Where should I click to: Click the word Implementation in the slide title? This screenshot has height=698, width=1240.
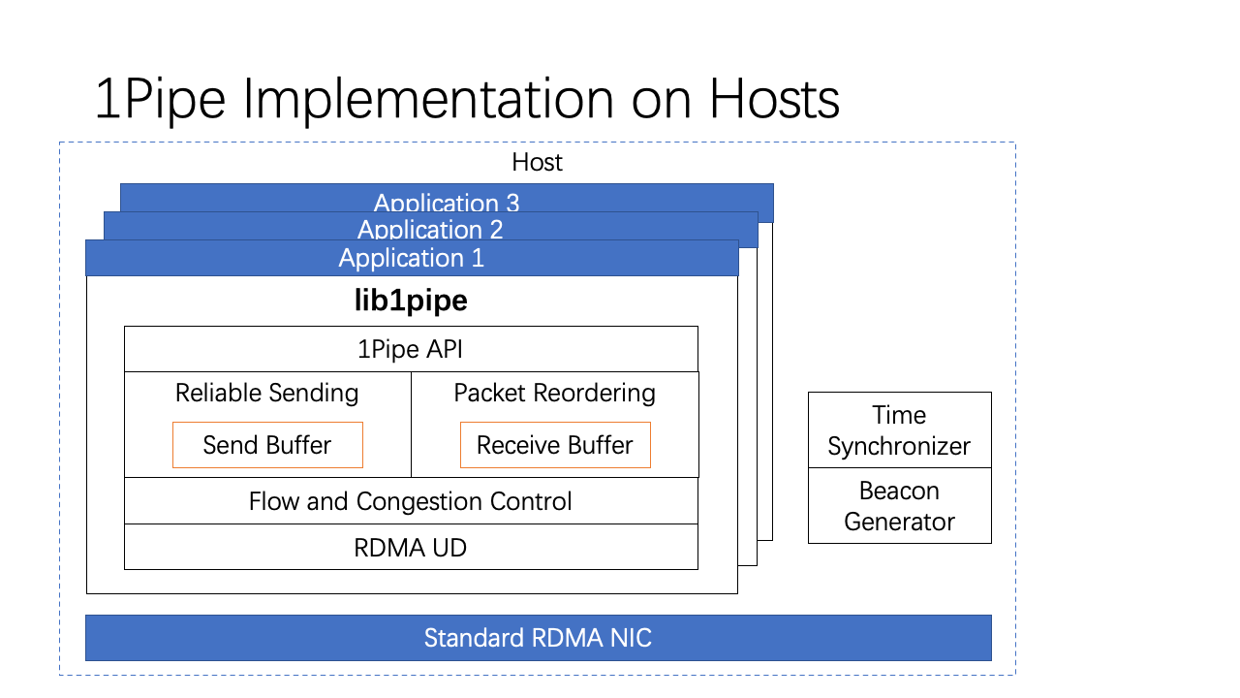coord(428,99)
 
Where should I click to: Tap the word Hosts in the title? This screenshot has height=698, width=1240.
coord(774,99)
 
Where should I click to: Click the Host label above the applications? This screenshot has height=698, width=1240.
coord(537,162)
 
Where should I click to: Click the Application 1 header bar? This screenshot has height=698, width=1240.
coord(412,258)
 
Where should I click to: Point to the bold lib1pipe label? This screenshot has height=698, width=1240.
coord(411,301)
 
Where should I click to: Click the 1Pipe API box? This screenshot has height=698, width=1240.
coord(411,349)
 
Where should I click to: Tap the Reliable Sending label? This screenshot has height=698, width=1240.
coord(266,393)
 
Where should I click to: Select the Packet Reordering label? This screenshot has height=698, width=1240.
coord(555,393)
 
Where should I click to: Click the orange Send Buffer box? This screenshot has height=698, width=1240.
coord(267,445)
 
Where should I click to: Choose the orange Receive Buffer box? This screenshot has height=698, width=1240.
coord(555,445)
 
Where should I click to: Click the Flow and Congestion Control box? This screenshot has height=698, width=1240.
coord(411,501)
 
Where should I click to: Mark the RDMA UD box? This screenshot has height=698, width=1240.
coord(411,548)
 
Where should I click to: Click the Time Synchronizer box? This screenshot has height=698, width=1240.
coord(900,429)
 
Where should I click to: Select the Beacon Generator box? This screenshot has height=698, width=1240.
coord(900,506)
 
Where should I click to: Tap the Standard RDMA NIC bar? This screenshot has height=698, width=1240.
coord(538,638)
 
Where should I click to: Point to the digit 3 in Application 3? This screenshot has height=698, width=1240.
coord(512,204)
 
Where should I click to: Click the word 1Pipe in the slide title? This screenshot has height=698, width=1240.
coord(161,99)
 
